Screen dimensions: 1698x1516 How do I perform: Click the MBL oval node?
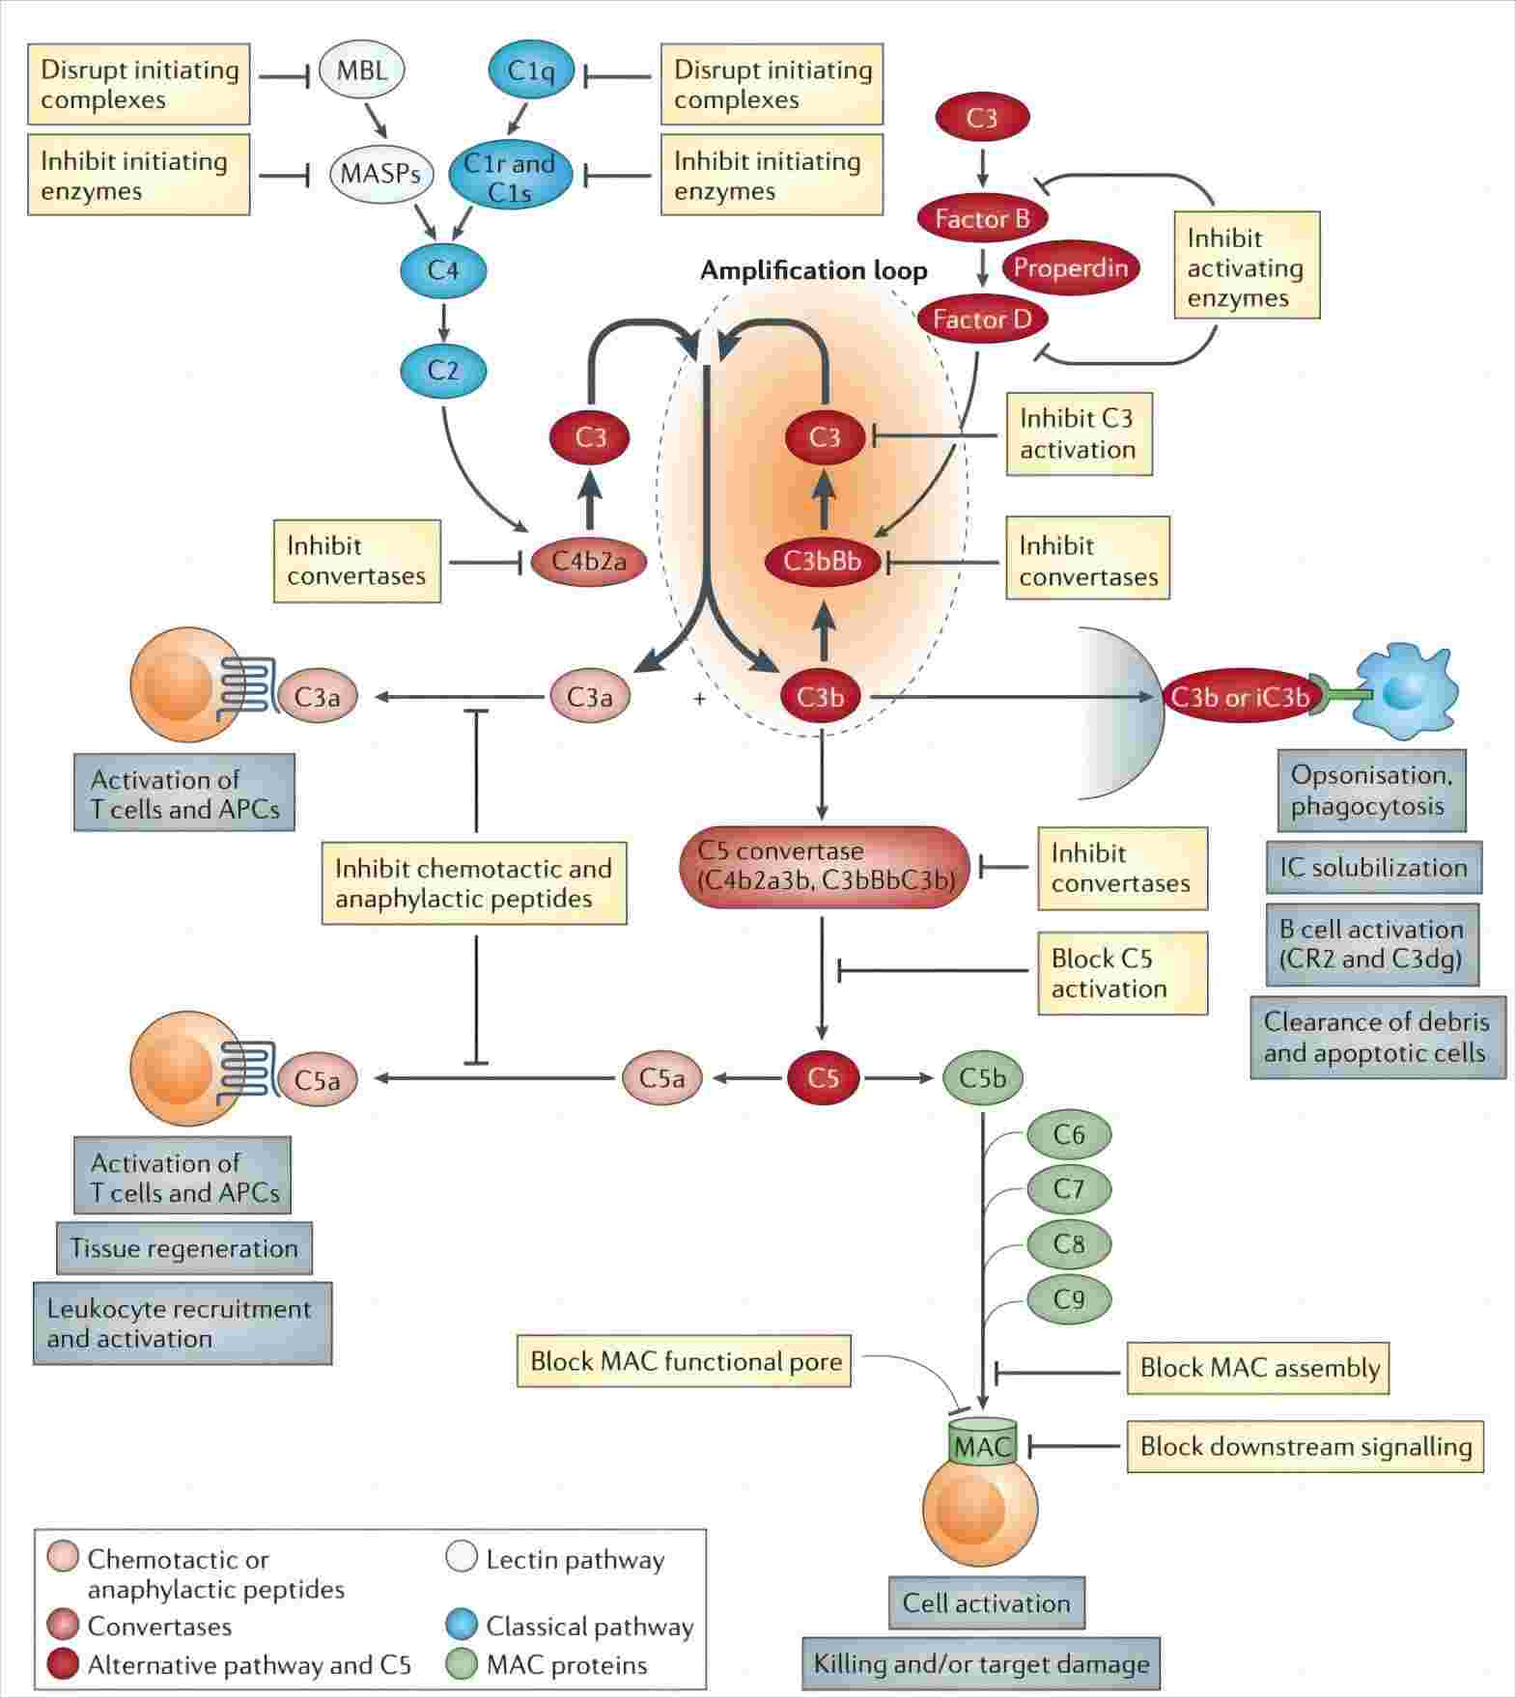pos(361,70)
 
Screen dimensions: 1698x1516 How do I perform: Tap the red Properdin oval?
pos(1070,266)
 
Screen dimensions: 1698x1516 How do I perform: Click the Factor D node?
pos(982,319)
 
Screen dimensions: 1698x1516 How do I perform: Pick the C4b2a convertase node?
pos(588,560)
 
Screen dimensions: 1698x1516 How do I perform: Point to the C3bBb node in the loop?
pos(823,560)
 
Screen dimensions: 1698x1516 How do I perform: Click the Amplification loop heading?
pos(813,270)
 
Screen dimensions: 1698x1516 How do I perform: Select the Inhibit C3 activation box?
pos(1079,433)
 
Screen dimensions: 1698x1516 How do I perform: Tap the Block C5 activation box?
pos(1121,973)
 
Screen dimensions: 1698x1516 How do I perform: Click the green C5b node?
pos(982,1077)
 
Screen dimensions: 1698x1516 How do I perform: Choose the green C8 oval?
pos(1068,1243)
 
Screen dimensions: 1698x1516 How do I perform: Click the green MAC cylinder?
pos(982,1445)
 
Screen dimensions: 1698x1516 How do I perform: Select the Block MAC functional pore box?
pos(685,1361)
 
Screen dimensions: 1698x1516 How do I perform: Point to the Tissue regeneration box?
pos(183,1248)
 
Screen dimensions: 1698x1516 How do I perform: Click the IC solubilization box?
pos(1373,867)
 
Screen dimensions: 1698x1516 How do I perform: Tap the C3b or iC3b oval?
pos(1240,697)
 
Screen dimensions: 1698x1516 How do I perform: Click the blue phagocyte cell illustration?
pos(1405,691)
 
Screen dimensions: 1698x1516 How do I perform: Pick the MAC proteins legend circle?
pos(462,1664)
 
